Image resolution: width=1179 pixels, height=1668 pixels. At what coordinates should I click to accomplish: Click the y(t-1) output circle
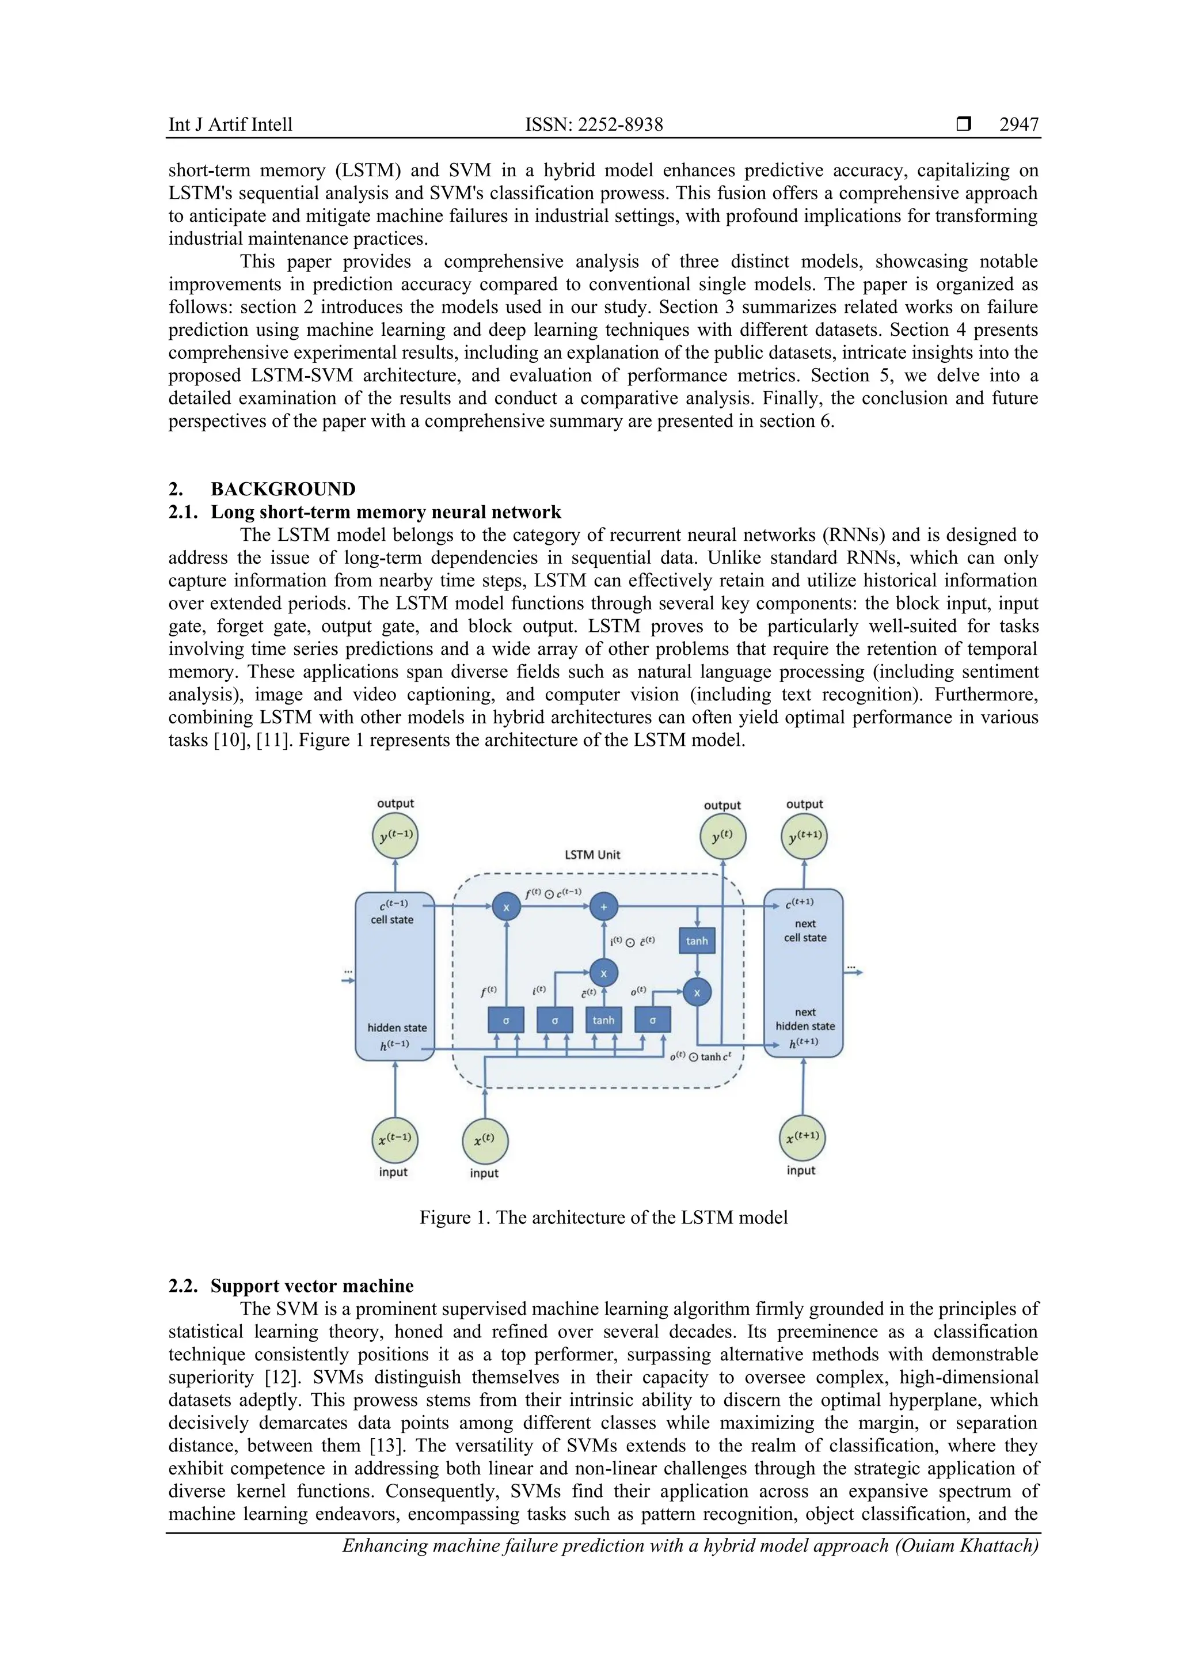tap(395, 836)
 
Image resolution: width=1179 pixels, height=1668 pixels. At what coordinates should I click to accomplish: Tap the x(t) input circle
tap(485, 1142)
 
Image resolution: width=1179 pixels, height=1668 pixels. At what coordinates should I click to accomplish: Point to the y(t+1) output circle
tap(804, 836)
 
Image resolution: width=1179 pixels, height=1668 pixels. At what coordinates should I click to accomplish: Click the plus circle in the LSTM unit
tap(603, 907)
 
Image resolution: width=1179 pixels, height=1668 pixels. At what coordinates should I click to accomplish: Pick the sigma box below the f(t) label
tap(506, 1020)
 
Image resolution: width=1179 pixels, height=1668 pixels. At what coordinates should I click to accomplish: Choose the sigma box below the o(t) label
tap(653, 1020)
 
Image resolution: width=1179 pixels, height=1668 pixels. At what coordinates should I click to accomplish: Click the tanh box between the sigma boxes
tap(603, 1020)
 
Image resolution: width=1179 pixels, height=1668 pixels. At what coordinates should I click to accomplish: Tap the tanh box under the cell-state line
tap(697, 941)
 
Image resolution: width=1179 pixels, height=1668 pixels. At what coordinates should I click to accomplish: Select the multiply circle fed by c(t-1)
tap(506, 907)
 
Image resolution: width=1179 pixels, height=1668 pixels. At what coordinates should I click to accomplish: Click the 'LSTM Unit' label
tap(592, 855)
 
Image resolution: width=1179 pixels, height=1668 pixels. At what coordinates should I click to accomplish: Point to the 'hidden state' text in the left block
tap(397, 1028)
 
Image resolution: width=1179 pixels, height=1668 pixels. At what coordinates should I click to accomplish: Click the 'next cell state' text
tap(805, 931)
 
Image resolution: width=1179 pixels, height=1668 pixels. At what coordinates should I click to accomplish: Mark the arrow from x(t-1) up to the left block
tap(395, 1090)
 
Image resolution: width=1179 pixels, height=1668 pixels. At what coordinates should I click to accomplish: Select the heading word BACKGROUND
tap(283, 489)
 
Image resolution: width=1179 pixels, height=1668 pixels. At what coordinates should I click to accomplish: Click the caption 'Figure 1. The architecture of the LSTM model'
tap(603, 1218)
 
